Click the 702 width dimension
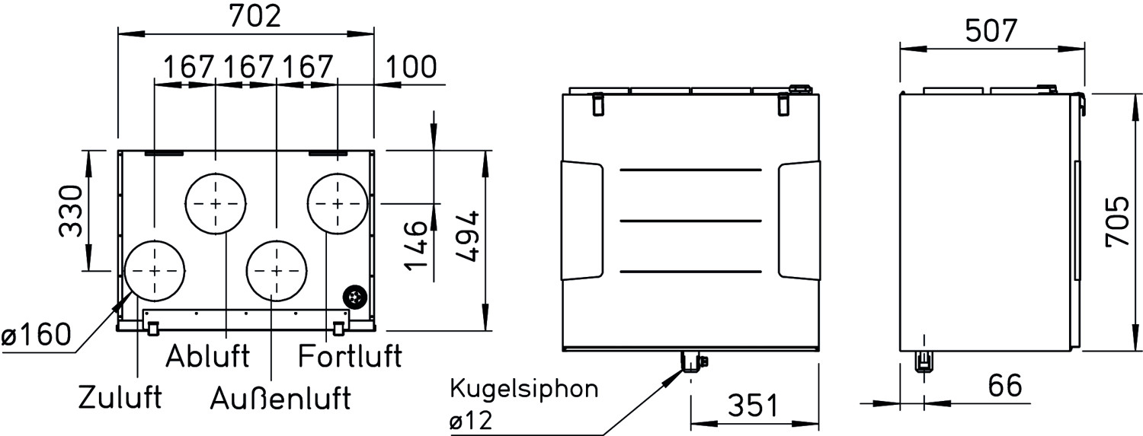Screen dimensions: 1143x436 [255, 16]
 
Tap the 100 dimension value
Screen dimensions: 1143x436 [411, 67]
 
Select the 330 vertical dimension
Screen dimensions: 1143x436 [70, 211]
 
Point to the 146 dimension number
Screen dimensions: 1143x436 [415, 246]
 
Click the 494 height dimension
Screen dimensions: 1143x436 [467, 237]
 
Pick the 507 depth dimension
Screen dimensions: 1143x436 [991, 31]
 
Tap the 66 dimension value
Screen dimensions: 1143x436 [1005, 386]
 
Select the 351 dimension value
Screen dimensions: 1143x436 [754, 406]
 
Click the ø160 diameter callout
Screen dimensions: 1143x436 [36, 335]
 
